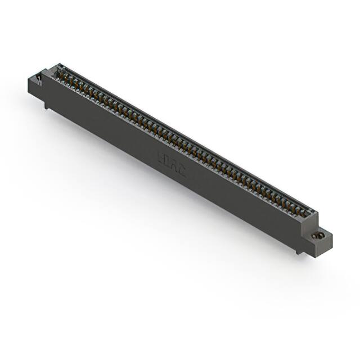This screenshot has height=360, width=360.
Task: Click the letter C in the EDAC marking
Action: click(181, 170)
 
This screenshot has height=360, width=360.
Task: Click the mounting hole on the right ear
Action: click(321, 235)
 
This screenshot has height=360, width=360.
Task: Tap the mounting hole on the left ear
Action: click(40, 77)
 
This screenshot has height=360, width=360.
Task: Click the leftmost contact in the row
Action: click(61, 74)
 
